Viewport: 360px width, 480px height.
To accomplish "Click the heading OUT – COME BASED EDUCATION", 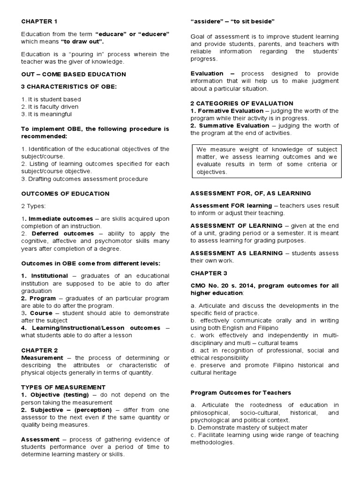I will point(74,74).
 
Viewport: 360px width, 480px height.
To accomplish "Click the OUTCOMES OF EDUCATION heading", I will point(65,193).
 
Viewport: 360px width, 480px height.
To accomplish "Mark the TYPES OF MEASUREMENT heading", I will point(63,387).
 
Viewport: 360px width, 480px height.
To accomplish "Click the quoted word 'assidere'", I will point(206,22).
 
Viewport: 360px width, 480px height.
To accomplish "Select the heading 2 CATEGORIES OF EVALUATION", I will point(242,103).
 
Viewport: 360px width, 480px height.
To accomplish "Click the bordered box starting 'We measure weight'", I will point(266,161).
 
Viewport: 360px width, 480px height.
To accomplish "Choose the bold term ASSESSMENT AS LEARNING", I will point(237,253).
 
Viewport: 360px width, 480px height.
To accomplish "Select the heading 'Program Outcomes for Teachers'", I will point(241,392).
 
